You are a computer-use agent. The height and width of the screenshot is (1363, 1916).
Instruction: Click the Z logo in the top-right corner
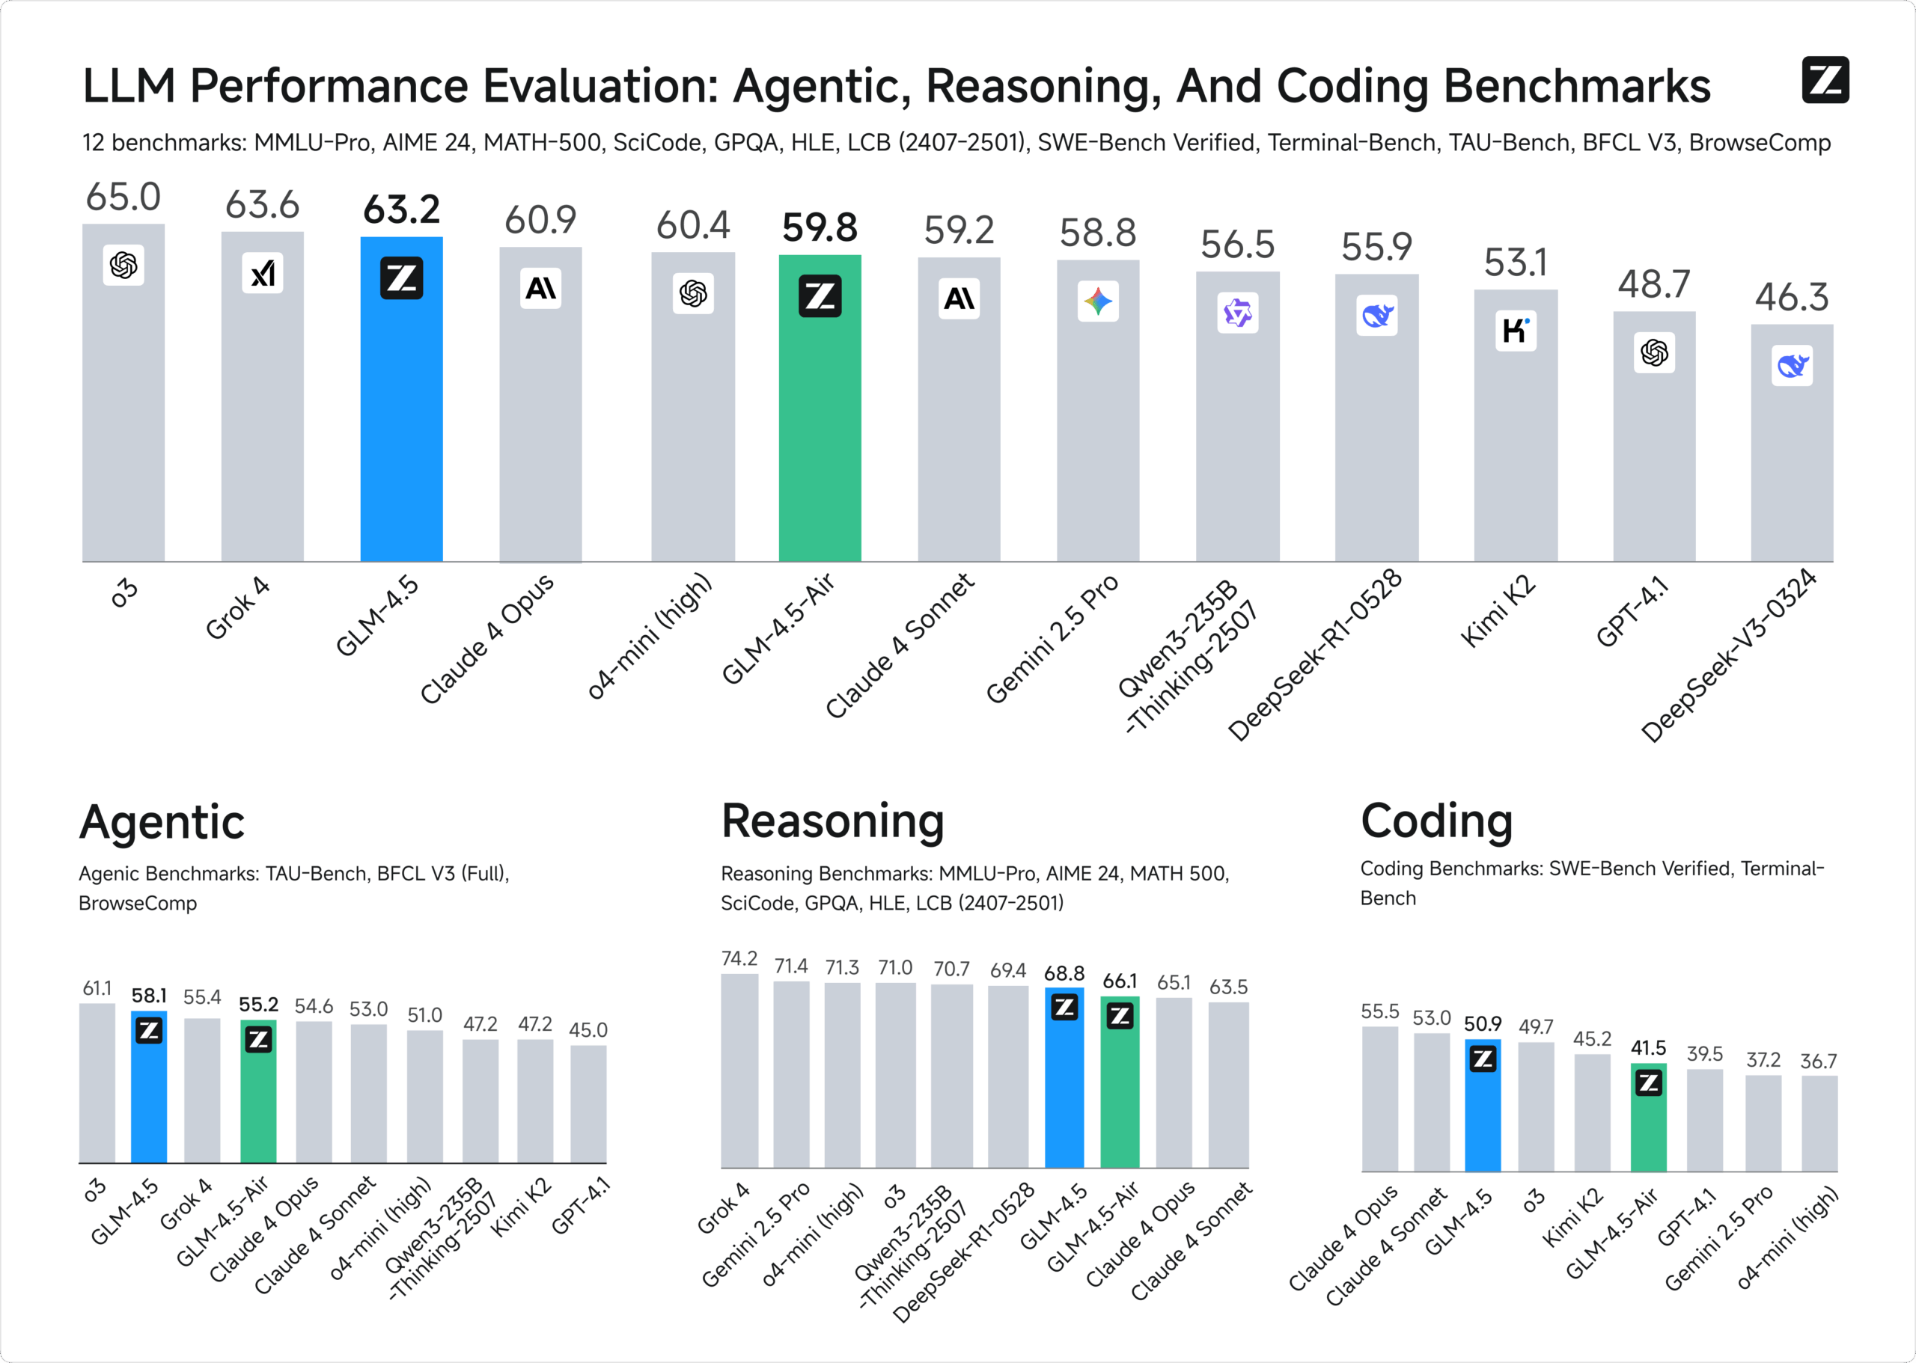(1825, 80)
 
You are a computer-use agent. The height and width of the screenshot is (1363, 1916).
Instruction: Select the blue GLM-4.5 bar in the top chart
(401, 420)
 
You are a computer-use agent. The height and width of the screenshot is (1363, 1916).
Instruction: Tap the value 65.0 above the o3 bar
(123, 197)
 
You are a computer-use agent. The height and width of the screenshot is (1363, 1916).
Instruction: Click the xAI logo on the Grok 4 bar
(262, 273)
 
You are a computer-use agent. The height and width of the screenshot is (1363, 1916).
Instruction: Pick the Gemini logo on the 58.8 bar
(1097, 301)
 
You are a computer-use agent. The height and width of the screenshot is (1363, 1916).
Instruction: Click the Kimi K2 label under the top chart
(1498, 610)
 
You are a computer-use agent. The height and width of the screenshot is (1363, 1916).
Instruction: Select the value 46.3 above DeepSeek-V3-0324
(1791, 297)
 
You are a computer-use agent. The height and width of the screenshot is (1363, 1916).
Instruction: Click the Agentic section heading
(162, 821)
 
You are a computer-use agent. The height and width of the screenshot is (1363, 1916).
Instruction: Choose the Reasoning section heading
(832, 821)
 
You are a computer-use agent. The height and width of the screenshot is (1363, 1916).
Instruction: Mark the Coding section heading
(1436, 821)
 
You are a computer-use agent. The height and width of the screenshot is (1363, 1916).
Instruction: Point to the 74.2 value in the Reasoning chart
(739, 958)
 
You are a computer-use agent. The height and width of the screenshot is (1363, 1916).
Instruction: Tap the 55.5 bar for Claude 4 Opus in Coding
(1379, 1100)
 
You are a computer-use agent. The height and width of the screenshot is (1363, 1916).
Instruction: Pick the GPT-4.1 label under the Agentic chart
(580, 1207)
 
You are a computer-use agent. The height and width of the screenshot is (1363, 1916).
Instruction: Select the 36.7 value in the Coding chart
(1818, 1061)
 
